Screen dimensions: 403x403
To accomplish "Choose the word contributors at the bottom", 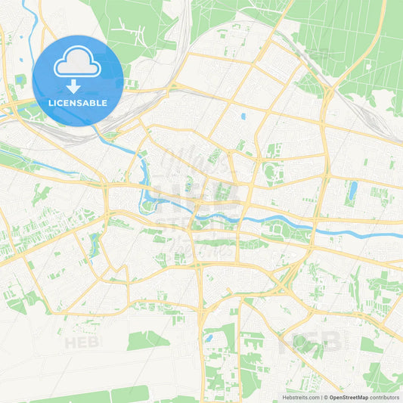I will pos(385,397).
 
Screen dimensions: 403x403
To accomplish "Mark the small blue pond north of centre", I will pos(243,117).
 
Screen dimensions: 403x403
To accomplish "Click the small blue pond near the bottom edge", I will pos(208,338).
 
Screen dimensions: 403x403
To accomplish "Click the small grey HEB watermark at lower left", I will pos(81,342).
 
